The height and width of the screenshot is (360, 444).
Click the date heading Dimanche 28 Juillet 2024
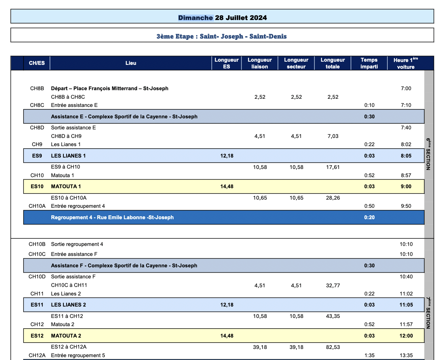(222, 18)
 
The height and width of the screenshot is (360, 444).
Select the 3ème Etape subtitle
(221, 36)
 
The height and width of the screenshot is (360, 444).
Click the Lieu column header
(131, 63)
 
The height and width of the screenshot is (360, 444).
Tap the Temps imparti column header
(369, 63)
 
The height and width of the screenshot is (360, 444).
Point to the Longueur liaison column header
(259, 63)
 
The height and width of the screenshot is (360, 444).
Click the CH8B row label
(37, 88)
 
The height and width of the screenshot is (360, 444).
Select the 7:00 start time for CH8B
(406, 88)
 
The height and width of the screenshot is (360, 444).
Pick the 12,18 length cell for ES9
(227, 156)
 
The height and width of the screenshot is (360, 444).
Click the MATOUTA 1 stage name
(66, 186)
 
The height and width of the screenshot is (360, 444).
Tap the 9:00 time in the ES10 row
(406, 186)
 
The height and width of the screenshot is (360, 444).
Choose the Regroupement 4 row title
(112, 217)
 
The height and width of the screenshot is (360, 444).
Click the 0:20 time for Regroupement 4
(369, 217)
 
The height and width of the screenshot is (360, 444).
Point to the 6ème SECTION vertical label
(428, 154)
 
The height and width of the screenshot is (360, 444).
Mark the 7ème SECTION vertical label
(428, 313)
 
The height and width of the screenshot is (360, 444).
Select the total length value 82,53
(333, 347)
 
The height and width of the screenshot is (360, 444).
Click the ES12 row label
(37, 336)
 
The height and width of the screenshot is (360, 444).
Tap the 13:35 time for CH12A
(406, 355)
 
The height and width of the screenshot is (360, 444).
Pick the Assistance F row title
(124, 266)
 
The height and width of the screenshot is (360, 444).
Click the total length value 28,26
(333, 198)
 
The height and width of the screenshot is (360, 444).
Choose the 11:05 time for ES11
(406, 305)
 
